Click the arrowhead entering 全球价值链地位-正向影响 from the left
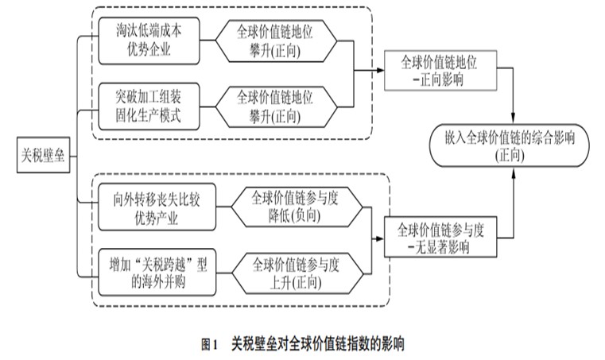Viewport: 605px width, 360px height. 379,69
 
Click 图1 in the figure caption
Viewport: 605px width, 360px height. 210,344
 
